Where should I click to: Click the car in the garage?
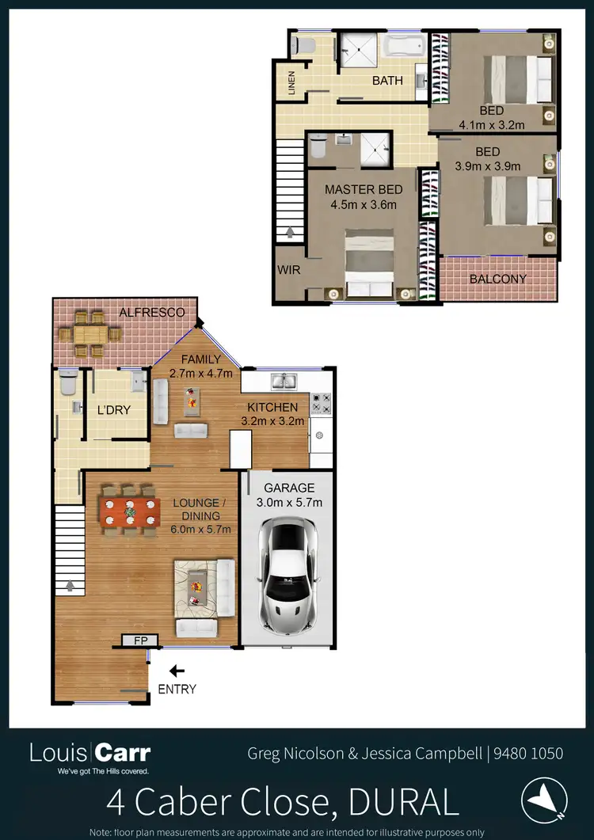[287, 574]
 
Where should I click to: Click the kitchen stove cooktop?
[321, 404]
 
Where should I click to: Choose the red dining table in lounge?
[128, 511]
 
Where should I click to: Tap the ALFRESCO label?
[151, 313]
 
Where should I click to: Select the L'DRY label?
[113, 410]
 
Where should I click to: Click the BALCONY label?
[497, 279]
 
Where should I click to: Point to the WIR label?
[288, 269]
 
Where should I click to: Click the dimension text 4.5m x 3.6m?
[363, 204]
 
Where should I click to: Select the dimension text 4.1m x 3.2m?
[492, 125]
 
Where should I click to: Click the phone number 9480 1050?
[529, 753]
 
